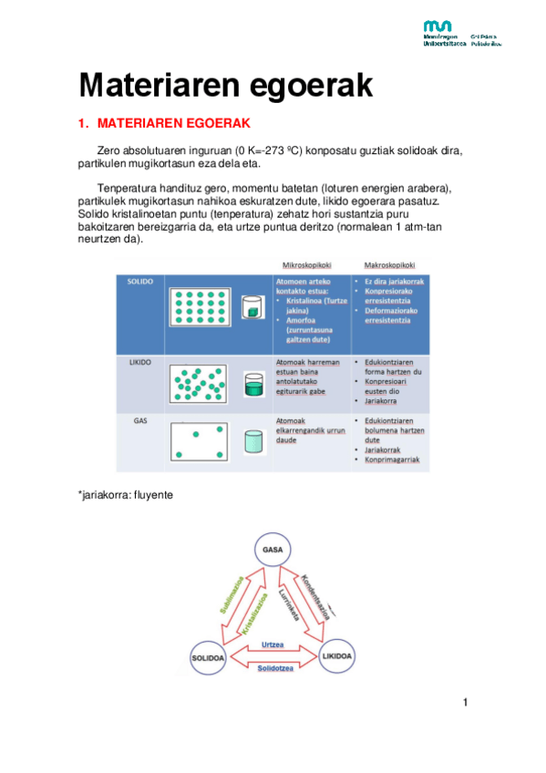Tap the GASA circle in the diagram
pos(273,551)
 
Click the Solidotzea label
pos(273,668)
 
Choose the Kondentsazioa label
pos(318,596)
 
